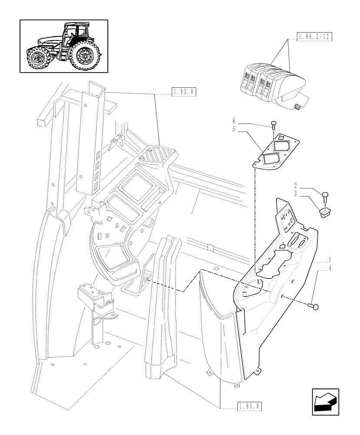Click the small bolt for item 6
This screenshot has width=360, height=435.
click(x=273, y=124)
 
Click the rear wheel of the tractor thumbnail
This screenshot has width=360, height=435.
click(x=86, y=56)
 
